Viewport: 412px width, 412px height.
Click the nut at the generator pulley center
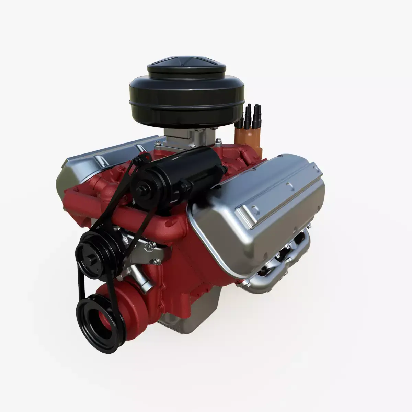pyautogui.click(x=140, y=188)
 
